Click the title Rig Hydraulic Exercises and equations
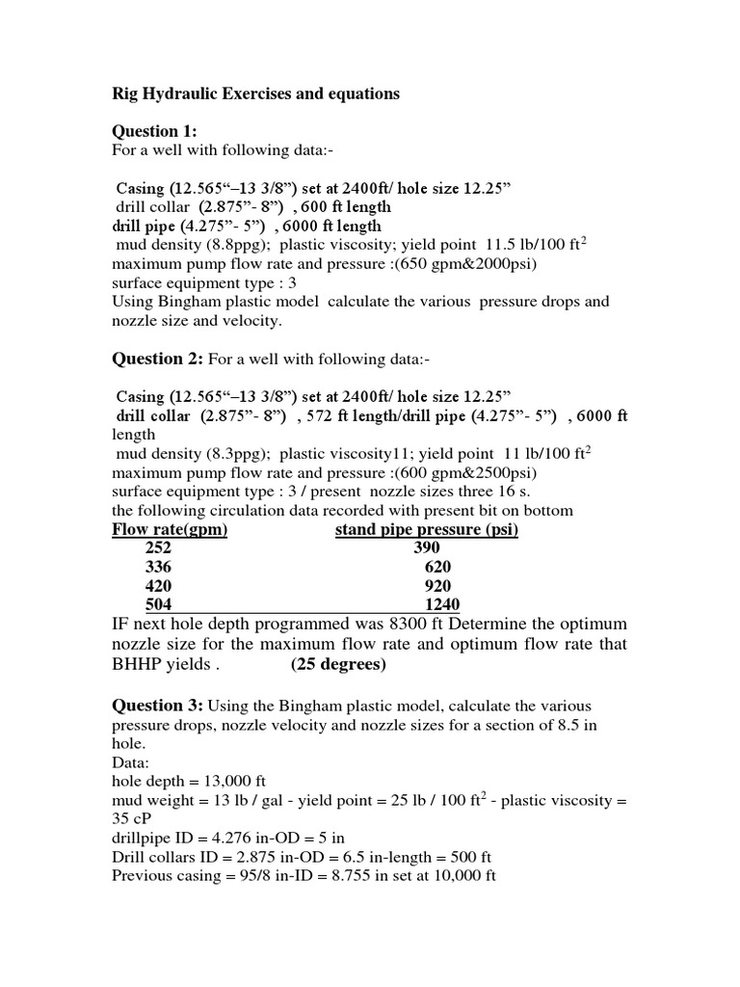coord(255,94)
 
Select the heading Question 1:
coord(155,132)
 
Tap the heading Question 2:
coord(157,360)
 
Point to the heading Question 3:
coord(157,706)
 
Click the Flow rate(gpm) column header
coord(170,529)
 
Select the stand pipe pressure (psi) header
coord(427,529)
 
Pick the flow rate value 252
coord(158,547)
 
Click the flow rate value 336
coord(158,567)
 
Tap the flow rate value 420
coord(158,586)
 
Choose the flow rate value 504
coord(158,605)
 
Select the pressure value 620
coord(436,567)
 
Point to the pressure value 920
coord(436,586)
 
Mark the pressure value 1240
coord(442,605)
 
